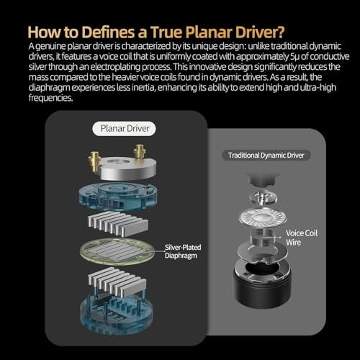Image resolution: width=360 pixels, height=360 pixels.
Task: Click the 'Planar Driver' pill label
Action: [x=124, y=129]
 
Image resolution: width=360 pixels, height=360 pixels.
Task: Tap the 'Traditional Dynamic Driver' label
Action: [x=266, y=156]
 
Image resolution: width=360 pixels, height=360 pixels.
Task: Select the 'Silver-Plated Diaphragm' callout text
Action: [x=183, y=251]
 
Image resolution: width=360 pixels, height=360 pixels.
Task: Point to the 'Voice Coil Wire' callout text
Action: [x=302, y=238]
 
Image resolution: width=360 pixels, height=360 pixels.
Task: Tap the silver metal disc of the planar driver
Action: [x=127, y=168]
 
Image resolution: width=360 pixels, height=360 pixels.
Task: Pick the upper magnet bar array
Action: [x=117, y=223]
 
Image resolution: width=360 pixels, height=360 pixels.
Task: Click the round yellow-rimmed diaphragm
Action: [x=117, y=251]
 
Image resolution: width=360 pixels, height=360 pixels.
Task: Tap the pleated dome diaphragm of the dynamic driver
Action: [x=263, y=216]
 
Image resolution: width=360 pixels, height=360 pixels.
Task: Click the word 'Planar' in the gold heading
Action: [x=209, y=32]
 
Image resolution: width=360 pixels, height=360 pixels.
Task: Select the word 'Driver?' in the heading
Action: [x=260, y=32]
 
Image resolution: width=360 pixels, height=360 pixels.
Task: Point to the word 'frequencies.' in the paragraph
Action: [x=50, y=98]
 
